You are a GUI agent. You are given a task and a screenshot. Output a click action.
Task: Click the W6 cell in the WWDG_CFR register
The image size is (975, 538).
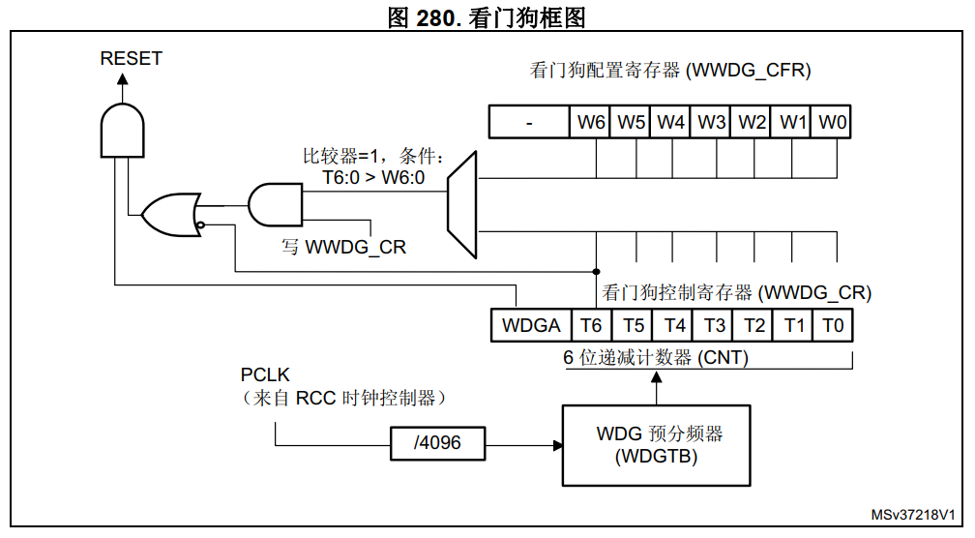[591, 123]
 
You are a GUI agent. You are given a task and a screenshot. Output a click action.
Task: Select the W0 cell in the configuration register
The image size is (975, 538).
[832, 123]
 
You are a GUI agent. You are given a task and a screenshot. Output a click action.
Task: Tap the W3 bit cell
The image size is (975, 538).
[711, 123]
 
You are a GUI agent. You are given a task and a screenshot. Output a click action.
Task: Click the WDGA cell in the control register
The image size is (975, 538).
[531, 325]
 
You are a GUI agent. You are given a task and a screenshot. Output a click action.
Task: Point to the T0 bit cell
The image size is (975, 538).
[833, 325]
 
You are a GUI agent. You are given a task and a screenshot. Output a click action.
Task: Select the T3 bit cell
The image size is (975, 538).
[714, 325]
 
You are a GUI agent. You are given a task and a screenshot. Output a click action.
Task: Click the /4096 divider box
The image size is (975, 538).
[437, 443]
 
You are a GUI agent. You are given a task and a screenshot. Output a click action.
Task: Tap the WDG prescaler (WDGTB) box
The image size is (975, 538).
[657, 444]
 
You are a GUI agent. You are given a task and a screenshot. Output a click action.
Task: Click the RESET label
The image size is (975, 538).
[132, 59]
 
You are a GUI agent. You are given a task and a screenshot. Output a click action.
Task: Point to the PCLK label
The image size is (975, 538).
[265, 374]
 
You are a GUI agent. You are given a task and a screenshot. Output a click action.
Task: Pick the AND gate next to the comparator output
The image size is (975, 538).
[275, 205]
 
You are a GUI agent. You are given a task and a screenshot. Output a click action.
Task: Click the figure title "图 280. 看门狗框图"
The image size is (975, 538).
[487, 15]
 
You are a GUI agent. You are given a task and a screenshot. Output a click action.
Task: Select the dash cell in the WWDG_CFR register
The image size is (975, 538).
[530, 123]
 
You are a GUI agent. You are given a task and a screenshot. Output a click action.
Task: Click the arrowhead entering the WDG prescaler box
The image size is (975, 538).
[558, 445]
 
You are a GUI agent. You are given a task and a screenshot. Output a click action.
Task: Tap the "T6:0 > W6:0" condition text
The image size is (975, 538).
[373, 177]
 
